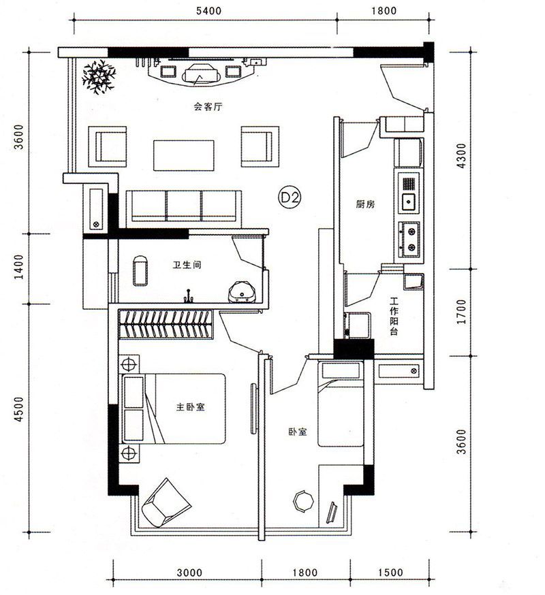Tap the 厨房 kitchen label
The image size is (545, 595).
click(365, 204)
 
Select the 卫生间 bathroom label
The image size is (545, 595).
click(185, 265)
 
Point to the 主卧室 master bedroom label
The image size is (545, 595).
click(191, 407)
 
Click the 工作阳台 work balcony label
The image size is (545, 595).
click(394, 316)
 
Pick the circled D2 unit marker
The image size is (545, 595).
click(291, 197)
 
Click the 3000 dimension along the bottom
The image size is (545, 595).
click(185, 573)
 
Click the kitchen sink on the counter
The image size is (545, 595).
click(409, 200)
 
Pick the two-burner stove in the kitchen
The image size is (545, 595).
click(409, 238)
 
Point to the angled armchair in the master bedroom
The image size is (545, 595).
click(163, 502)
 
